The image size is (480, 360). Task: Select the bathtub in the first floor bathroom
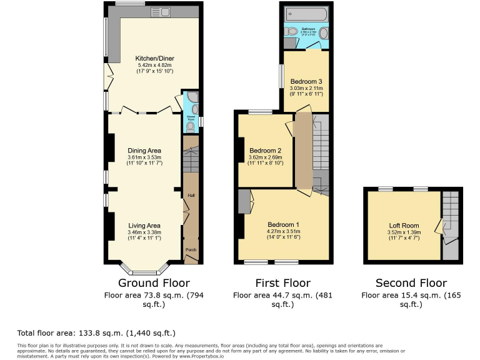tap(306, 14)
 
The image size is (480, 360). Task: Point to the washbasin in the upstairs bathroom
tap(324, 33)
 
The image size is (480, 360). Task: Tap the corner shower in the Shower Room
tap(191, 99)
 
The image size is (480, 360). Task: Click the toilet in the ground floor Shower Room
tap(190, 126)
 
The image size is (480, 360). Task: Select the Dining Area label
tap(144, 151)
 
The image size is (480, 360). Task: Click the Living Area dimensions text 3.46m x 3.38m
tap(144, 232)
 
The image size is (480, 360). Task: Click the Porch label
tap(191, 250)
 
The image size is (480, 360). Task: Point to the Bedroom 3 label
tap(306, 82)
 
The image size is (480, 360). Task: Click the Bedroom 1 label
tap(284, 225)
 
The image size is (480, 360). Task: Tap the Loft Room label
tap(404, 226)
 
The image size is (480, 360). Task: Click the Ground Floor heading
tap(154, 283)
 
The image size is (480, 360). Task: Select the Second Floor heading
tap(411, 283)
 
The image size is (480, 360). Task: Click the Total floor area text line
tap(96, 333)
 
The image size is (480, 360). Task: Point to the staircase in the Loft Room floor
tap(451, 212)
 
